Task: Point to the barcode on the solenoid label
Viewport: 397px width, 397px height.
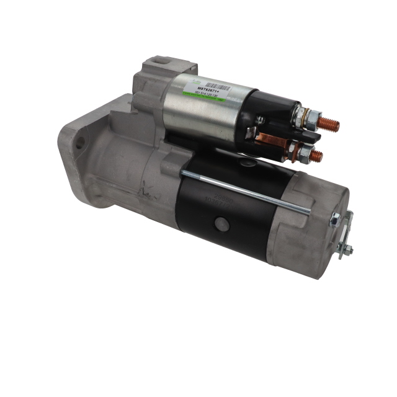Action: [210, 87]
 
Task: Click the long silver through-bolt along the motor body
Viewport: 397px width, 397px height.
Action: [242, 191]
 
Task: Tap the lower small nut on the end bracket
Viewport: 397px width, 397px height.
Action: [347, 250]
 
